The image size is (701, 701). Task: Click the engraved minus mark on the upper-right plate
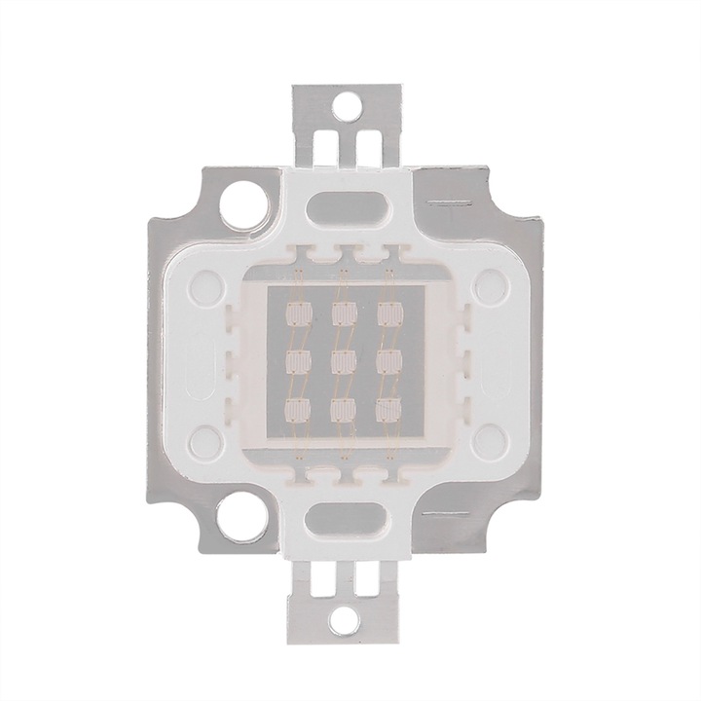[450, 203]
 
